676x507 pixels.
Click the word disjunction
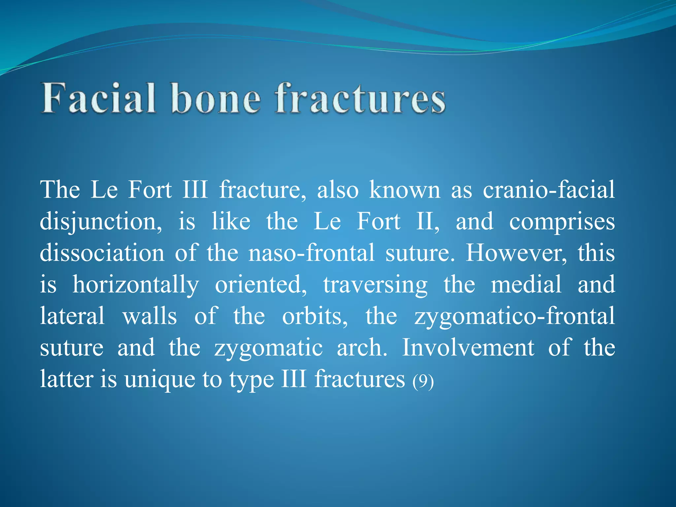tap(101, 222)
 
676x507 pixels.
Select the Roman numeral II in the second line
tap(427, 221)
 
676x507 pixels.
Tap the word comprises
tap(562, 222)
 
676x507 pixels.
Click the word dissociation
tap(102, 253)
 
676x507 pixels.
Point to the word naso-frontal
tap(311, 253)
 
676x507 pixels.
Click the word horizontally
tap(136, 285)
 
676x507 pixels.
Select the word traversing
tap(375, 285)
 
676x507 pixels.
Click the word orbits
tap(315, 316)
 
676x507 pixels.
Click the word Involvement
tap(468, 348)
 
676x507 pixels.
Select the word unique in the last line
tap(159, 380)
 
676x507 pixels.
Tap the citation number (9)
tap(423, 381)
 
